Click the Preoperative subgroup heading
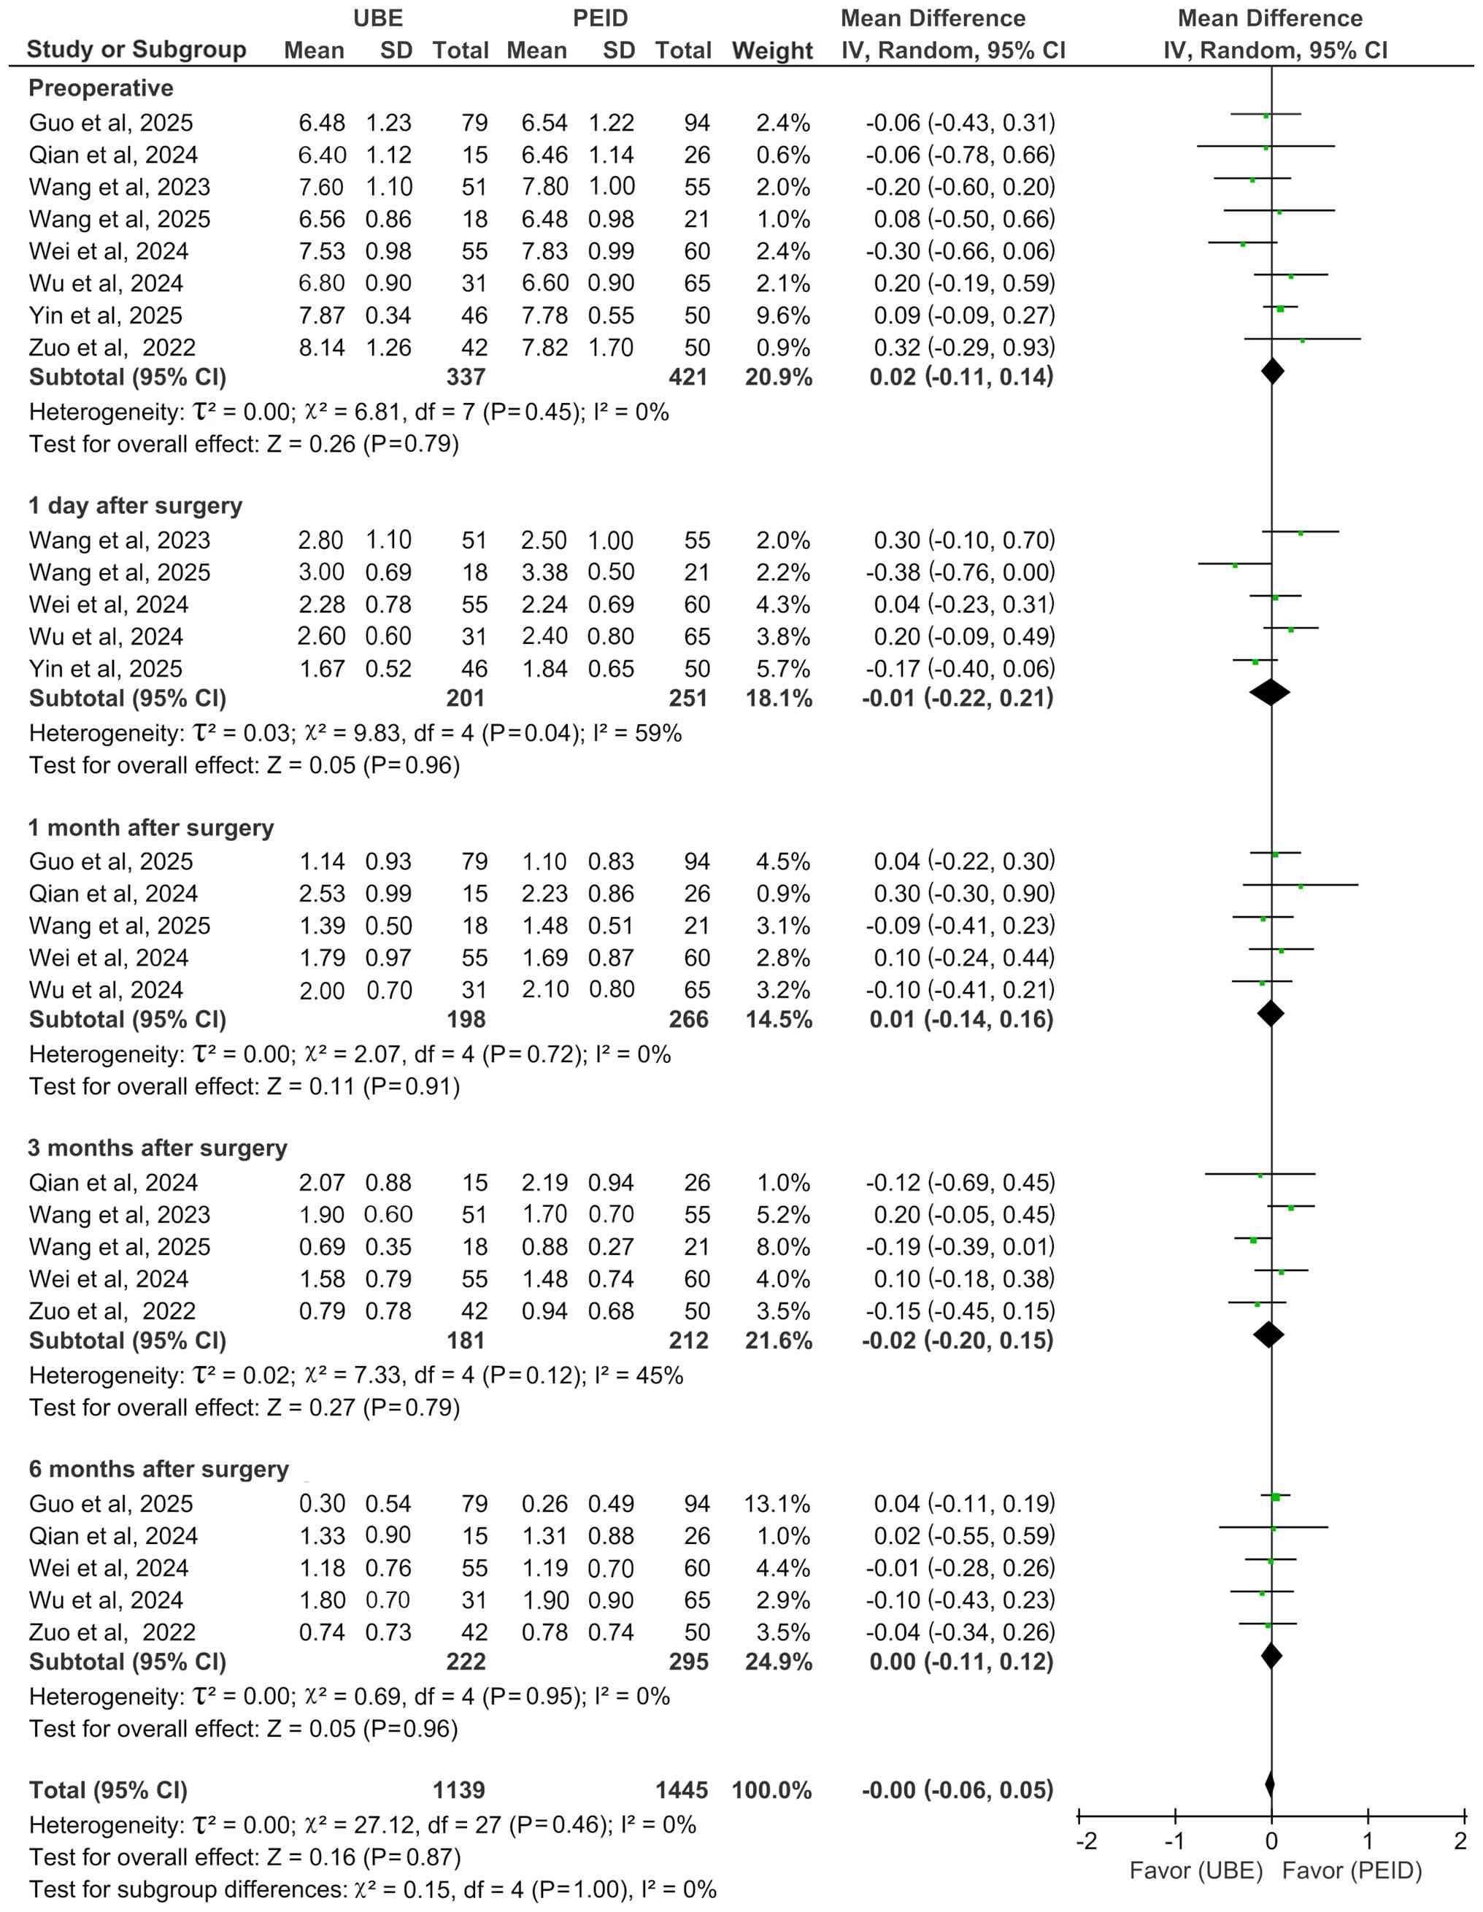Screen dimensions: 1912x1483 (x=101, y=88)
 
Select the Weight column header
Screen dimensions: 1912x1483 (x=772, y=51)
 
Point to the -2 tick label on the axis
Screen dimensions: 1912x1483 (x=1085, y=1841)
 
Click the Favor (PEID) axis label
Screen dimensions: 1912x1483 (x=1352, y=1871)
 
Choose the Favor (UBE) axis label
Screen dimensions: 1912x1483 (x=1196, y=1871)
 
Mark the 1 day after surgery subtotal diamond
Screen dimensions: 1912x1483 (x=1271, y=693)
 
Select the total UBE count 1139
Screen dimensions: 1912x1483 (x=459, y=1790)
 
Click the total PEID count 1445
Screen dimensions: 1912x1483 (x=681, y=1790)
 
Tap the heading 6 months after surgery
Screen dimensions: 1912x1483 (x=158, y=1469)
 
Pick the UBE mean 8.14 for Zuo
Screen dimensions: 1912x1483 (x=321, y=348)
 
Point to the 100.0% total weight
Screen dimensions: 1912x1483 (x=771, y=1790)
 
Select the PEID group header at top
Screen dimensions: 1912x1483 (x=600, y=18)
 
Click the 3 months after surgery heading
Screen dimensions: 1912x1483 (x=158, y=1148)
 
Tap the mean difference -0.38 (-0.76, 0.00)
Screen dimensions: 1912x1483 (x=960, y=572)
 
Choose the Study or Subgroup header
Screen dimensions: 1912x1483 (x=136, y=50)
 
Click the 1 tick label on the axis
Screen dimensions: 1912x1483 (x=1368, y=1841)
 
